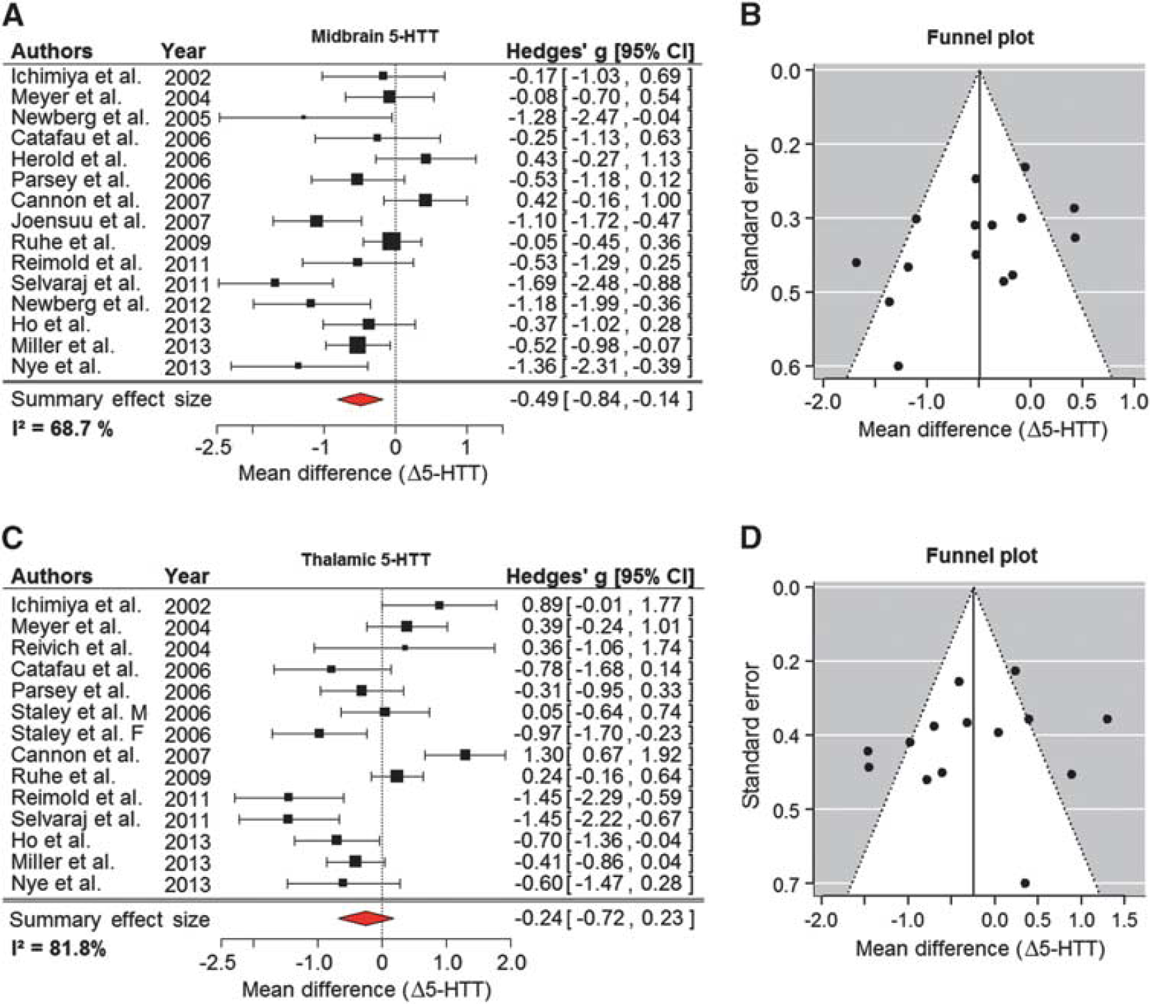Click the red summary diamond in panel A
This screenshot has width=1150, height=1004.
(x=360, y=400)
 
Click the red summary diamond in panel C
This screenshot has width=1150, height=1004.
(x=366, y=919)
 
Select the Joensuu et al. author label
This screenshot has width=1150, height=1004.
(x=79, y=221)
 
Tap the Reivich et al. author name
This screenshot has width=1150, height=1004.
(x=71, y=648)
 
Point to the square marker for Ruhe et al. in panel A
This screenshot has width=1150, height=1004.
(x=391, y=241)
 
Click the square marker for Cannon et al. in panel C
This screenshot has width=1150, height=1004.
(x=465, y=755)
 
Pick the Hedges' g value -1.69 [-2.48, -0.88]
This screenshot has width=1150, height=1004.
(x=600, y=284)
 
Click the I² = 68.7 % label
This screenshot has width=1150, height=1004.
(x=62, y=429)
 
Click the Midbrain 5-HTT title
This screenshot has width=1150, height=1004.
(x=374, y=37)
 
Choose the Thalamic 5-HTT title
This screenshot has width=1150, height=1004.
(x=366, y=560)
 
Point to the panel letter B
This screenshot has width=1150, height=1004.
(x=750, y=15)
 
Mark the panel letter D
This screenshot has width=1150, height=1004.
(x=750, y=539)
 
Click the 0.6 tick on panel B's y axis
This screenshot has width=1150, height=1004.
(x=787, y=366)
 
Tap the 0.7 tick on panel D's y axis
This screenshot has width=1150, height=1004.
(x=787, y=883)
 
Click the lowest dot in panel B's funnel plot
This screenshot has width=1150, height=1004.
(x=898, y=366)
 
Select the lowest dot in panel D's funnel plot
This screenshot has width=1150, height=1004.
(x=1025, y=883)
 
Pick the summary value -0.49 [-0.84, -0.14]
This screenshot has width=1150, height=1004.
(x=601, y=399)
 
